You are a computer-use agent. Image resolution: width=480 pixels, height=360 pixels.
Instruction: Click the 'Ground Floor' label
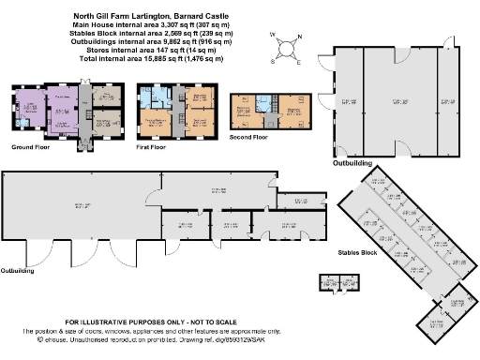click(31, 147)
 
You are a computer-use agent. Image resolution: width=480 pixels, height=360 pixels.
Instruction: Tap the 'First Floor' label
click(156, 147)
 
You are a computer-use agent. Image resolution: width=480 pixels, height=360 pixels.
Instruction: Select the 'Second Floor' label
click(248, 137)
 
